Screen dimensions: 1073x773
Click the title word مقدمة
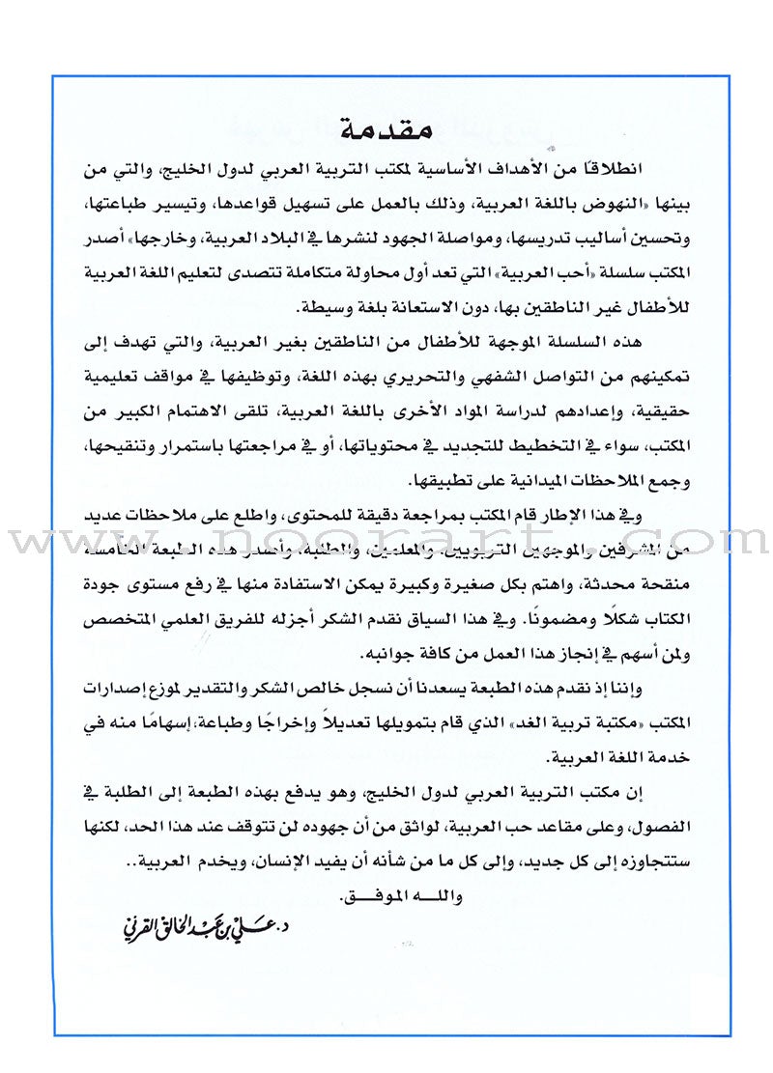tap(386, 126)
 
